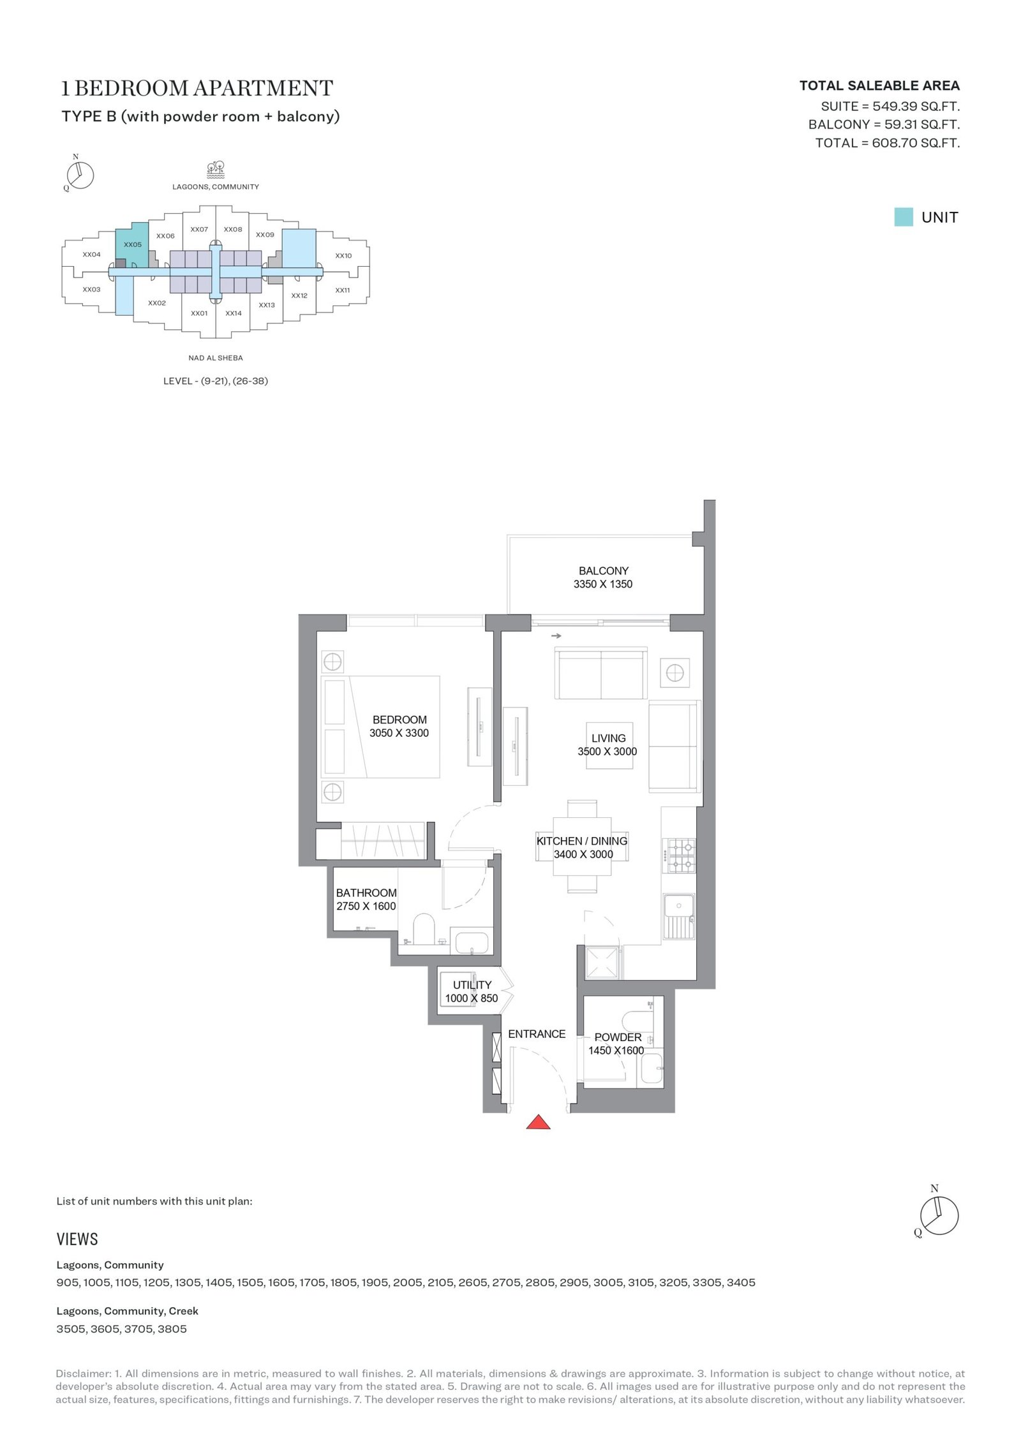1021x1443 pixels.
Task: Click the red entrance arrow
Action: pos(538,1122)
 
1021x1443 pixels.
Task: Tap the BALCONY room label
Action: pos(603,571)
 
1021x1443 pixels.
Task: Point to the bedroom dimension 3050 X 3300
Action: pos(399,733)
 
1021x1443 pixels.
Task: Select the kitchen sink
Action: pos(678,916)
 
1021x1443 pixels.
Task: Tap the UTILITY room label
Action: pos(472,985)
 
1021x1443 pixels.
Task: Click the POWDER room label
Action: pos(617,1037)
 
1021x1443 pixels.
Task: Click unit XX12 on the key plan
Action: pos(299,295)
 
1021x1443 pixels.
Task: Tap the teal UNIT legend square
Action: pos(903,217)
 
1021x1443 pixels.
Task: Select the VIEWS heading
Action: pos(77,1239)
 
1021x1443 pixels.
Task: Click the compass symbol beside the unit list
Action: pos(939,1215)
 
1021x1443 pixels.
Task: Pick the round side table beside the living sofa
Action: pos(674,672)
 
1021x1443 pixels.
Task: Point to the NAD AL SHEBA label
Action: pos(216,358)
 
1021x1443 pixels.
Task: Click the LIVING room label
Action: pos(608,738)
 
